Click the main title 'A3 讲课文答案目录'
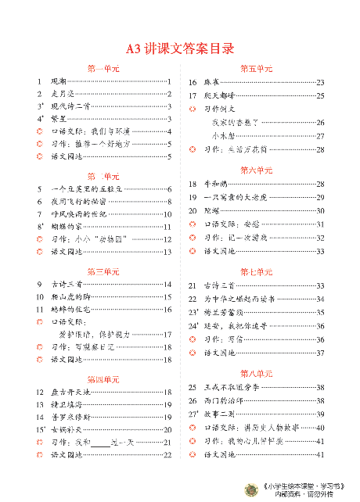click(x=180, y=49)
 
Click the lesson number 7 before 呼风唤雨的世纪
click(x=39, y=214)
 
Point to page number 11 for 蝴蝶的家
click(x=167, y=227)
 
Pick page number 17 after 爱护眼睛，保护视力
click(x=167, y=335)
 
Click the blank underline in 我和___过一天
click(x=99, y=443)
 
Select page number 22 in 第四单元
click(x=167, y=455)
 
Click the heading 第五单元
click(x=255, y=69)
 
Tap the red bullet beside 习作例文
click(x=192, y=109)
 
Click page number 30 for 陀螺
click(x=320, y=211)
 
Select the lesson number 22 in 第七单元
click(x=192, y=299)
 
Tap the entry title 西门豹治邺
click(x=223, y=400)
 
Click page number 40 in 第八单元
click(x=320, y=427)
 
